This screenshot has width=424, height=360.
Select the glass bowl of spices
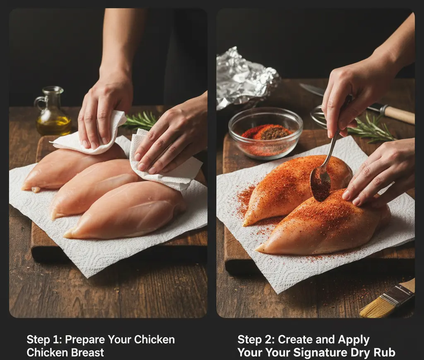265,134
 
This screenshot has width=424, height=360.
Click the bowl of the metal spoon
320,184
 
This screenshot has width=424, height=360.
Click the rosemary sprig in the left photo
141,121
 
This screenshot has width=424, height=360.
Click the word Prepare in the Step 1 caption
85,340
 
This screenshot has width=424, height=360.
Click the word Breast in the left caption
84,353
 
